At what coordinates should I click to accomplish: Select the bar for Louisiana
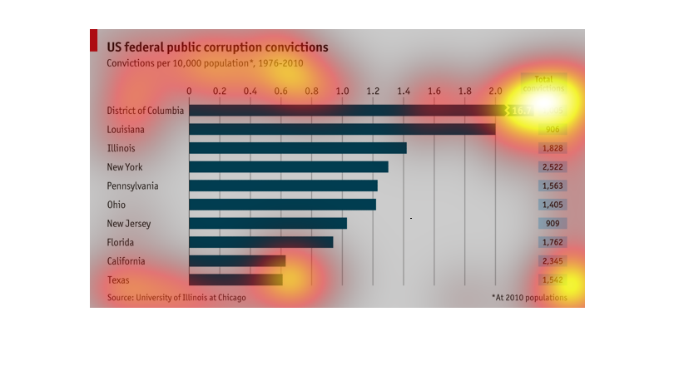click(x=342, y=129)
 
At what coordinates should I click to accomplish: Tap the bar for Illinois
click(x=298, y=148)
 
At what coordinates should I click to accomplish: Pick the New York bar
click(x=289, y=167)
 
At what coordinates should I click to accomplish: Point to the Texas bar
click(x=235, y=280)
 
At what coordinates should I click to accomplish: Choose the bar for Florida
click(x=261, y=242)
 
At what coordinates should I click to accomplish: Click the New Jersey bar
click(x=268, y=223)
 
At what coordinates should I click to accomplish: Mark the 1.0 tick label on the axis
click(x=342, y=91)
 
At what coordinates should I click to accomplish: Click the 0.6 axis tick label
click(x=280, y=91)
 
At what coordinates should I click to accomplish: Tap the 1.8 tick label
click(x=464, y=91)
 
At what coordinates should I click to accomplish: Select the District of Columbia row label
click(x=146, y=111)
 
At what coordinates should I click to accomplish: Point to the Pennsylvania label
click(x=132, y=186)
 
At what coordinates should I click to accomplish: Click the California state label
click(x=128, y=261)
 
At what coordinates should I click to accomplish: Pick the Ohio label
click(x=116, y=205)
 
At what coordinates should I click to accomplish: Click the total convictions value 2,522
click(x=553, y=167)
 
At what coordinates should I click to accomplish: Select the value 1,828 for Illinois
click(x=553, y=148)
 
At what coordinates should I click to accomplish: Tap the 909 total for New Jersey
click(x=553, y=223)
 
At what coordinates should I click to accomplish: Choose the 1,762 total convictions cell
click(x=553, y=242)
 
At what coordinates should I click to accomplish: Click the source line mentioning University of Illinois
click(x=176, y=298)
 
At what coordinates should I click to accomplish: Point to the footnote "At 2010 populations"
click(x=529, y=297)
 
